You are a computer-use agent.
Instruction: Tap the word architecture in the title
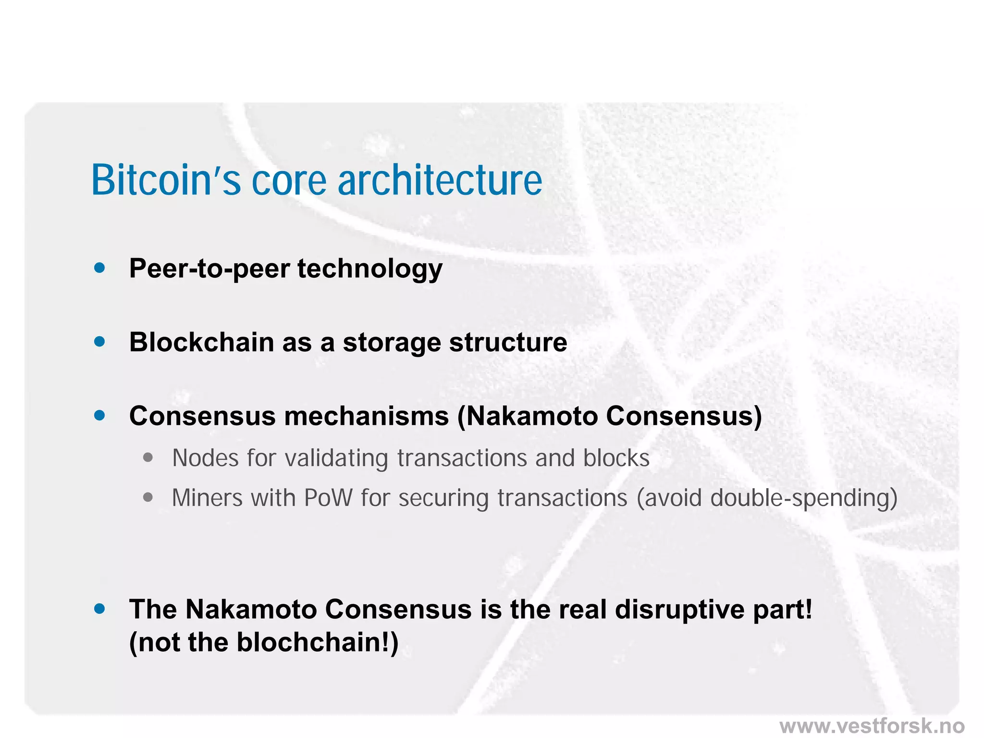pyautogui.click(x=440, y=180)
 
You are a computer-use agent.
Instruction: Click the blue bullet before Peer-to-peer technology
pyautogui.click(x=100, y=268)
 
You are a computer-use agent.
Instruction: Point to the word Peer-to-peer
pyautogui.click(x=209, y=269)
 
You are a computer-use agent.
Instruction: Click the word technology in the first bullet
pyautogui.click(x=369, y=269)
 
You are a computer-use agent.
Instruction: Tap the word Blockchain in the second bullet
pyautogui.click(x=201, y=342)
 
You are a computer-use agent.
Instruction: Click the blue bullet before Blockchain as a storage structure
pyautogui.click(x=100, y=342)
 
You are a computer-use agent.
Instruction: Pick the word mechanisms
pyautogui.click(x=366, y=416)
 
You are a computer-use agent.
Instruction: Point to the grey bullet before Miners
pyautogui.click(x=148, y=498)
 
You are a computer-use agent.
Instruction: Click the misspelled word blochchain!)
pyautogui.click(x=318, y=642)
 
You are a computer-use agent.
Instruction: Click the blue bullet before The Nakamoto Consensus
pyautogui.click(x=100, y=609)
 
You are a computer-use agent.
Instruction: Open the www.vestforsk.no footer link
pyautogui.click(x=872, y=725)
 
